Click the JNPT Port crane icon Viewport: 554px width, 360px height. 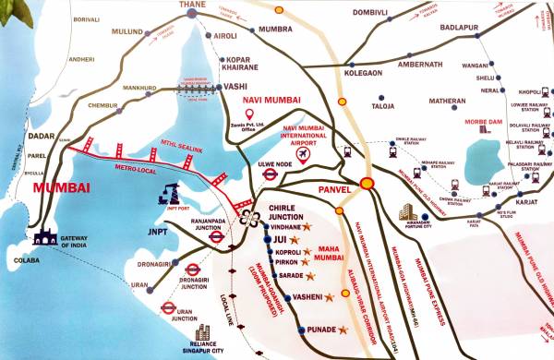[171, 192]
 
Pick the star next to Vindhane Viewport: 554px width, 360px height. [308, 226]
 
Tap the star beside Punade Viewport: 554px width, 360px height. [343, 330]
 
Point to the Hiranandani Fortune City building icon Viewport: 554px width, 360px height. [406, 214]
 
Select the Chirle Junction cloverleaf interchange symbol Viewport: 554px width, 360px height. [248, 218]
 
